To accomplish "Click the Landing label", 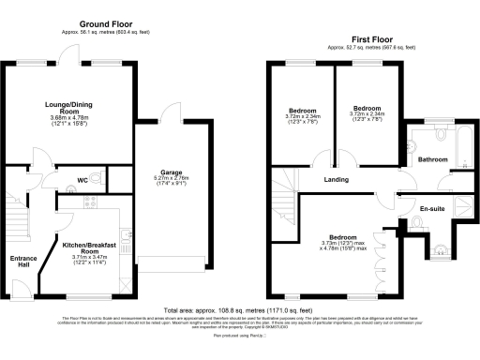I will pyautogui.click(x=337, y=180).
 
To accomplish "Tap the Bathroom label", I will pyautogui.click(x=433, y=158).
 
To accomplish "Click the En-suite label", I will pyautogui.click(x=432, y=207).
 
